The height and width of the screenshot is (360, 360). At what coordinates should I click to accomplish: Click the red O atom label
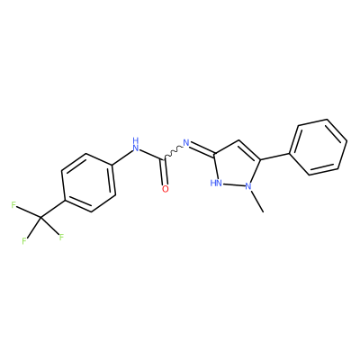point(166,189)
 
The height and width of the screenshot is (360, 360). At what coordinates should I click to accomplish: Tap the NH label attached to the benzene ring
point(136,145)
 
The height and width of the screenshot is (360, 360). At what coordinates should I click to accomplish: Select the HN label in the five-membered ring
point(216,183)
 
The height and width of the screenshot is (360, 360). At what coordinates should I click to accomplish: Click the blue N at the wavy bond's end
point(186,143)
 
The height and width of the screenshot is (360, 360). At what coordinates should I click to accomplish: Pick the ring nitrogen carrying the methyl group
point(247,186)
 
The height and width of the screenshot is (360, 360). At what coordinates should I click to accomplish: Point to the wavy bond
point(173,152)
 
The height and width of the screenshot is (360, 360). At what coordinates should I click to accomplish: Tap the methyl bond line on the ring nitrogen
point(256,201)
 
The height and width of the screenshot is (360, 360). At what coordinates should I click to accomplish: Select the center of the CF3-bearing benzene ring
point(88,183)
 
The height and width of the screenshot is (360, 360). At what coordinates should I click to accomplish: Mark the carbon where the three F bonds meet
point(40,217)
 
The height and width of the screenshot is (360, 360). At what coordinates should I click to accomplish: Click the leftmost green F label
point(13,205)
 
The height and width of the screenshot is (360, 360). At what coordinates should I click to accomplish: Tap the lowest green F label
point(24,241)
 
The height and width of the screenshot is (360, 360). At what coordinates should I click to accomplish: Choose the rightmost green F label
point(61,238)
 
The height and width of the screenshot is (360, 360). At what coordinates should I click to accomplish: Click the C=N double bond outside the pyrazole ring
point(202,149)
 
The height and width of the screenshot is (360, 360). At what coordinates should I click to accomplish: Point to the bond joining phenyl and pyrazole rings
point(274,157)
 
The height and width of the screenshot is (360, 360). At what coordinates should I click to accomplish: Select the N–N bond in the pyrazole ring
point(233,184)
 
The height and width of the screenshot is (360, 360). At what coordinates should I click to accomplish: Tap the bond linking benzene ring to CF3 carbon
point(52,209)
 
